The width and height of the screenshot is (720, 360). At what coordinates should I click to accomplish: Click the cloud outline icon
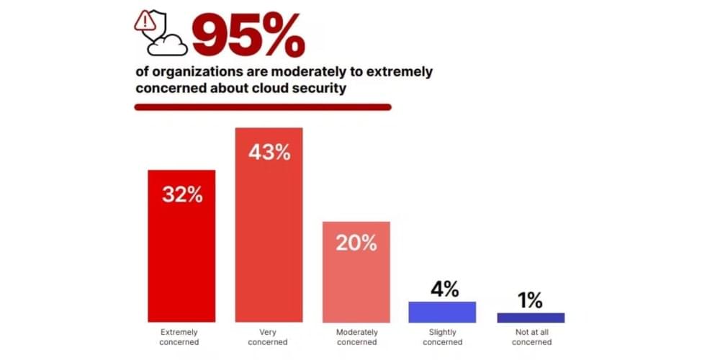pos(168,45)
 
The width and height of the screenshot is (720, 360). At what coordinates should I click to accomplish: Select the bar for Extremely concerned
pos(181,259)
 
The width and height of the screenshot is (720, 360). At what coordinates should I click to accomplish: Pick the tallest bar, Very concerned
pos(269,238)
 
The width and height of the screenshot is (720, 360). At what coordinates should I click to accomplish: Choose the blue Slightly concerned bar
pos(442,312)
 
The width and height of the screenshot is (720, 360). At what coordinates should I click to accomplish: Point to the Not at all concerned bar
pos(530,318)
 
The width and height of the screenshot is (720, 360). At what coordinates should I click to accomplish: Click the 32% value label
pos(181,194)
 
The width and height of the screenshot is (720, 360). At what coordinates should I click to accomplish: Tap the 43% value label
pos(269,152)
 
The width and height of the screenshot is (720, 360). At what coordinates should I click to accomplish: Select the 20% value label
pos(356,243)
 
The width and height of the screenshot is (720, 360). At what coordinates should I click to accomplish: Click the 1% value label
pos(530,300)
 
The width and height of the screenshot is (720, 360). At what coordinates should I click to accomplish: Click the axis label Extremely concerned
pos(181,337)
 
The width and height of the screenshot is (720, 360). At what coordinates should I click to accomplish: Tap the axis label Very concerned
pos(269,337)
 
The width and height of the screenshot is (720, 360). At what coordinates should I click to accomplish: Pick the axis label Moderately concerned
pos(356,337)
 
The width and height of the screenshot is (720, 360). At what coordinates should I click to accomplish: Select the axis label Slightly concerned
pos(442,337)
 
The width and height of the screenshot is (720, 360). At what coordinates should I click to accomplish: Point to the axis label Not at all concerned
pos(530,337)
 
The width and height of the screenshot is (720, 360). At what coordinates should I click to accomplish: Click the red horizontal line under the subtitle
pos(263,107)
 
